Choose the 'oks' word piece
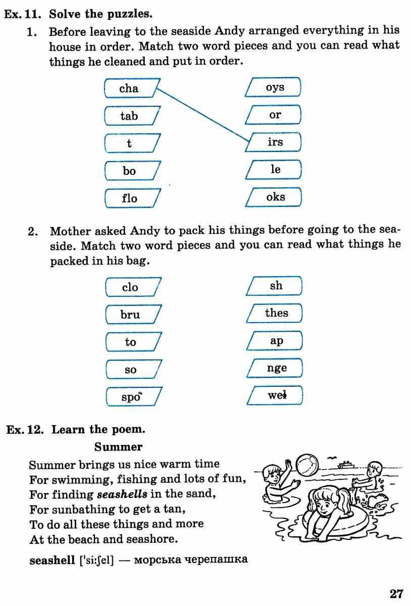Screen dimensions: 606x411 pos(274,197)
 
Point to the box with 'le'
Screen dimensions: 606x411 pos(274,170)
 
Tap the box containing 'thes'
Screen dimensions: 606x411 pos(275,313)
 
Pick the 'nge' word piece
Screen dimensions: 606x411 pos(275,368)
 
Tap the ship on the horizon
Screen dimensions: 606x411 pos(346,464)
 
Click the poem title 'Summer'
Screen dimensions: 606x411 pos(118,447)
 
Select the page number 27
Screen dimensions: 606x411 pos(396,593)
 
